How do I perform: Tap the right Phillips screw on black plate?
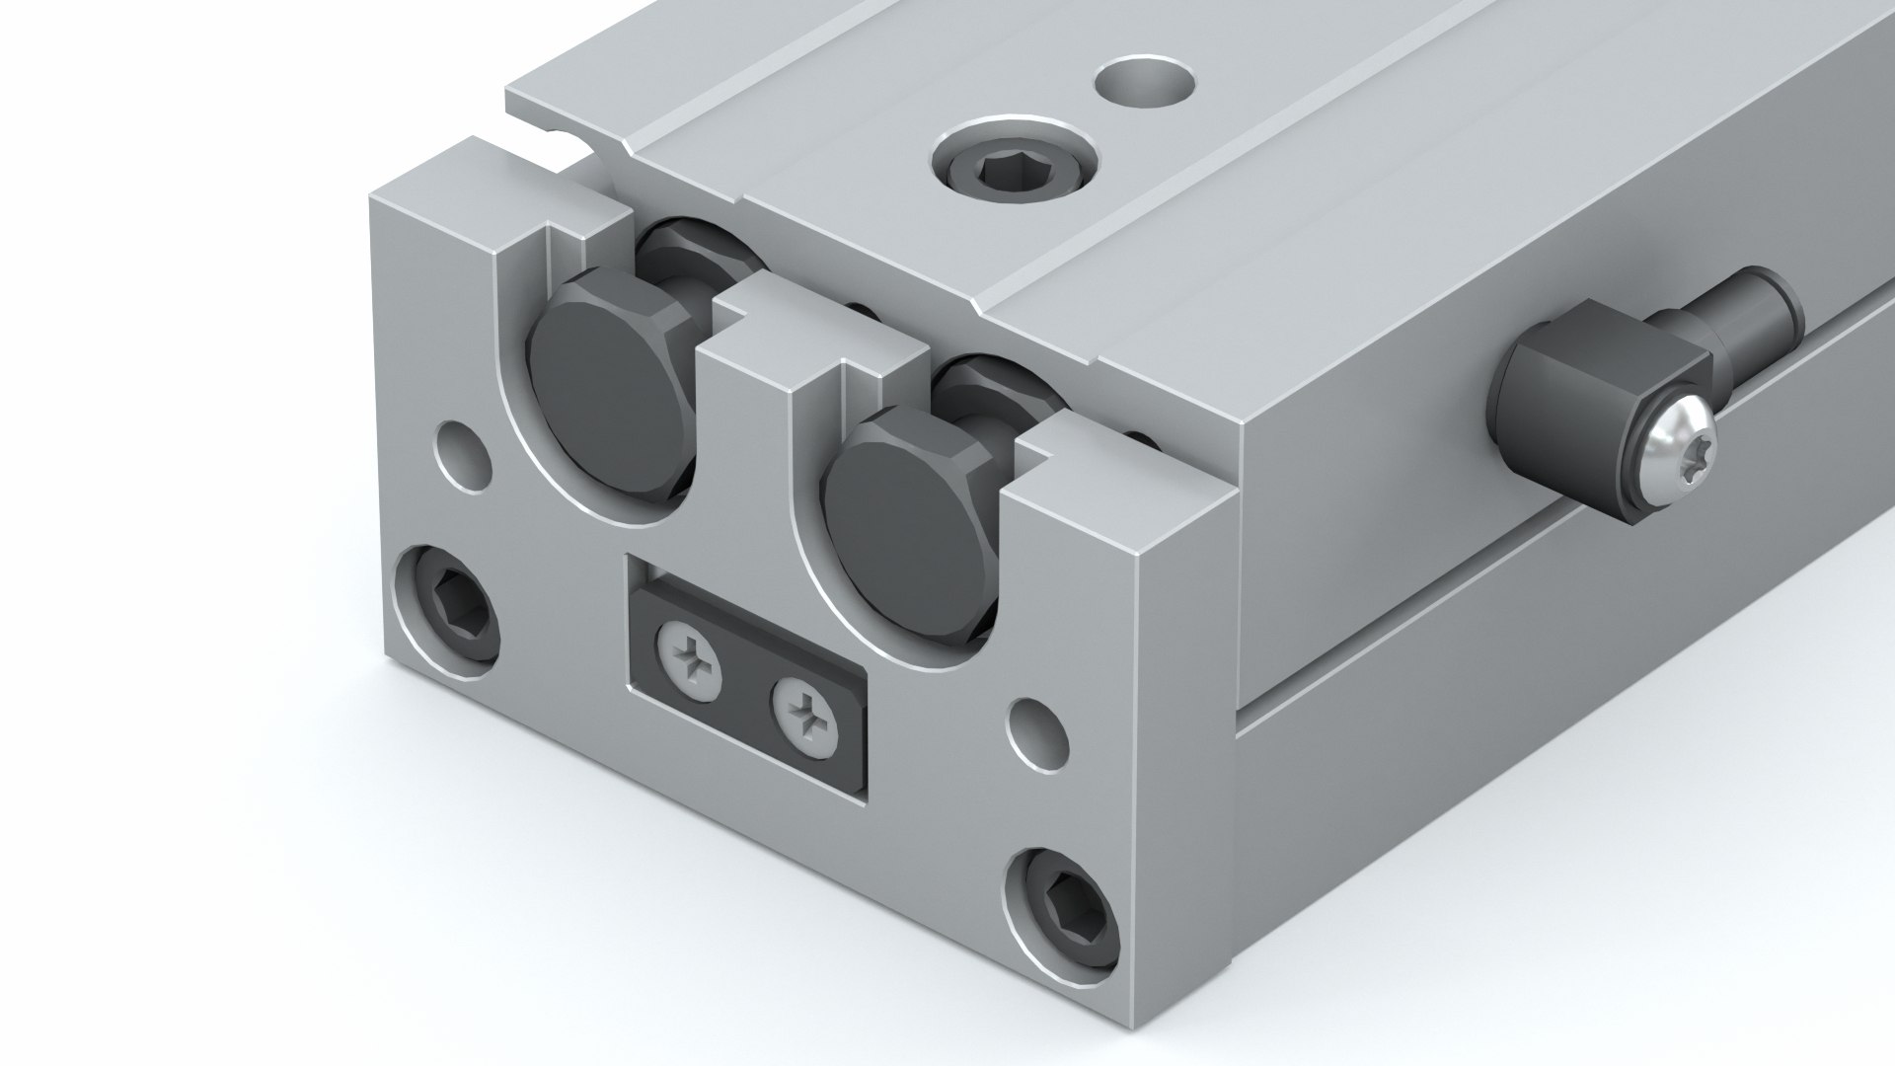point(806,707)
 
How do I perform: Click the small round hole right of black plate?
point(1037,731)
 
